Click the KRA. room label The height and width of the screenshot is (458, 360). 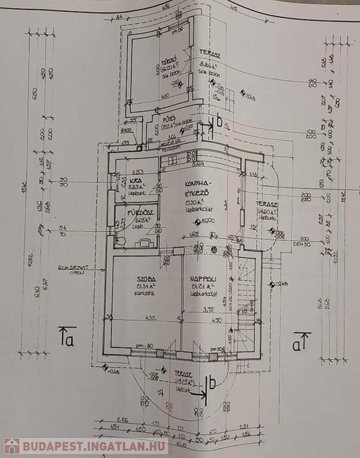point(135,182)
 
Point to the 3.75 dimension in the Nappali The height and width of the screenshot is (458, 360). point(207,310)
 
